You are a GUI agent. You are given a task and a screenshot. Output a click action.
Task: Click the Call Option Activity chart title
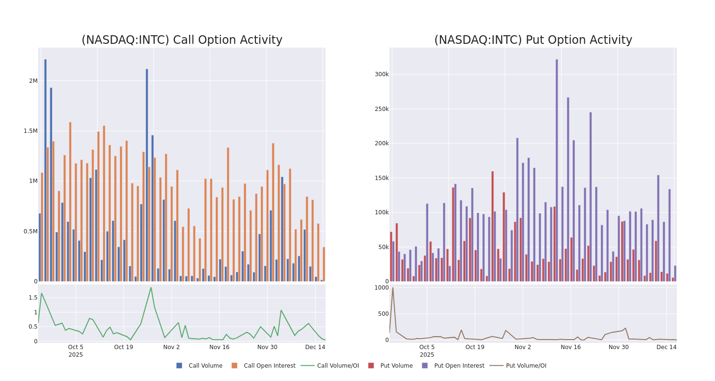click(x=182, y=40)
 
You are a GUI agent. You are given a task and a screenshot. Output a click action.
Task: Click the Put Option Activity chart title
click(x=533, y=40)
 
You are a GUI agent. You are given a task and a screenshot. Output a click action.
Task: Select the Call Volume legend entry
click(x=205, y=366)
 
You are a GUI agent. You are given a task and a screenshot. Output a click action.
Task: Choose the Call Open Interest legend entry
click(x=269, y=366)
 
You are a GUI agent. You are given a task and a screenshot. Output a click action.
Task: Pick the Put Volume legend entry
click(x=396, y=366)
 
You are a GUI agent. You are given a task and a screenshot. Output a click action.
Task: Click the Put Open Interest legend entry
click(x=459, y=366)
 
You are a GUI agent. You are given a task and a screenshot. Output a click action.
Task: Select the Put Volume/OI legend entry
click(x=526, y=366)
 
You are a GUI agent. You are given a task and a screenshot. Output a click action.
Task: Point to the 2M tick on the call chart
click(x=33, y=81)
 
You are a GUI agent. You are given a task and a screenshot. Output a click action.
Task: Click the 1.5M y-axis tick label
click(x=31, y=131)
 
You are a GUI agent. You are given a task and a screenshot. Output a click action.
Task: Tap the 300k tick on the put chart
click(x=381, y=74)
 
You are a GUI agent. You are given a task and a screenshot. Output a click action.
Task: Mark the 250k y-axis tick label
click(x=381, y=109)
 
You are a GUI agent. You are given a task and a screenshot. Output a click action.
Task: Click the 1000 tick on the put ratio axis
click(x=381, y=288)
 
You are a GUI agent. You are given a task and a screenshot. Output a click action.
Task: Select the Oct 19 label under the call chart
click(x=123, y=347)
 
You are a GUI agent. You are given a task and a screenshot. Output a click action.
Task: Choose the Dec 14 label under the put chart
click(x=666, y=347)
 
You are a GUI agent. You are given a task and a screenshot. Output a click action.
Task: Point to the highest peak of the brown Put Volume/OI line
click(x=393, y=288)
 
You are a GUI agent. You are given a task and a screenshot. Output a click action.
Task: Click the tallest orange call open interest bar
click(x=70, y=200)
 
